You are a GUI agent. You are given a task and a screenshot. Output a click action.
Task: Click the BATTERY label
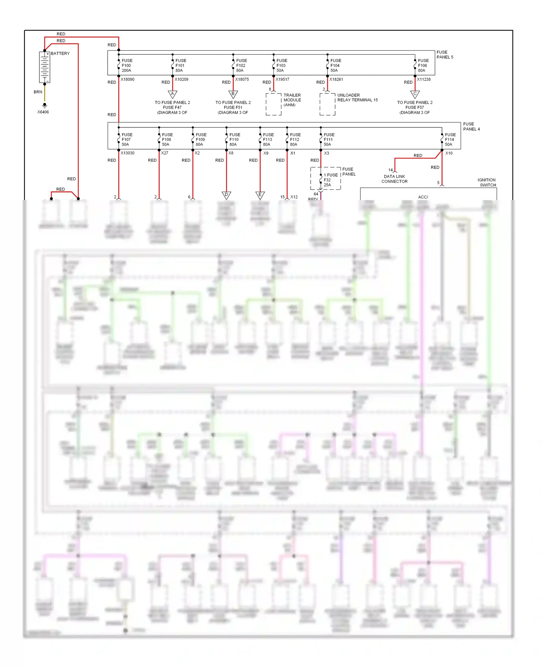[x=60, y=53]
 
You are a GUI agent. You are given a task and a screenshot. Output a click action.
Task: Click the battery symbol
[x=44, y=67]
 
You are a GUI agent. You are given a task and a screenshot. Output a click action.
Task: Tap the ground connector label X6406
[x=43, y=112]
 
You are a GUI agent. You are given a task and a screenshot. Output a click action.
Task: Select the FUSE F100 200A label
[x=127, y=66]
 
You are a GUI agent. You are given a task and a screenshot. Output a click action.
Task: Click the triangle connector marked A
[x=172, y=95]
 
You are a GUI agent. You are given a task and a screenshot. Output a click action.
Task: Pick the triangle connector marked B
[x=233, y=95]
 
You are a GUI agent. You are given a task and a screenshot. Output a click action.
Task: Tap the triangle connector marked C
[x=415, y=95]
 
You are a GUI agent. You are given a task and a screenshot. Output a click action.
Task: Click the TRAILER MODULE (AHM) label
[x=292, y=100]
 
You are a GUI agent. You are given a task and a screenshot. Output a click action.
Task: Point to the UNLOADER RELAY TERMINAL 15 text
[x=357, y=97]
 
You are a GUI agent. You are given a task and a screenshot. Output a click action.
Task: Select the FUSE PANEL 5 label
[x=445, y=55]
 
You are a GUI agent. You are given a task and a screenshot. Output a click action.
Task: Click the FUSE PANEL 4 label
[x=471, y=127]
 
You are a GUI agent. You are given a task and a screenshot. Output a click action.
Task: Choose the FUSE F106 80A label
[x=423, y=66]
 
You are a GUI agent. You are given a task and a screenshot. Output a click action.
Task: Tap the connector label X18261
[x=336, y=79]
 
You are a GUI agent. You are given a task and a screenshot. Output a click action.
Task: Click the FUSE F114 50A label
[x=450, y=140]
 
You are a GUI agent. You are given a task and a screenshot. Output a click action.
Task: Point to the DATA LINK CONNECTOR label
[x=394, y=179]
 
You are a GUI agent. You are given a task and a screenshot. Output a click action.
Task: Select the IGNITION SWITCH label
[x=487, y=182]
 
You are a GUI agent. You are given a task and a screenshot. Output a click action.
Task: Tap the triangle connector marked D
[x=226, y=195]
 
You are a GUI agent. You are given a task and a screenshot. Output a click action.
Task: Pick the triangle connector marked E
[x=260, y=195]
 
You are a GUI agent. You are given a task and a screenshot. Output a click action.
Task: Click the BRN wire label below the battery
[x=38, y=92]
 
